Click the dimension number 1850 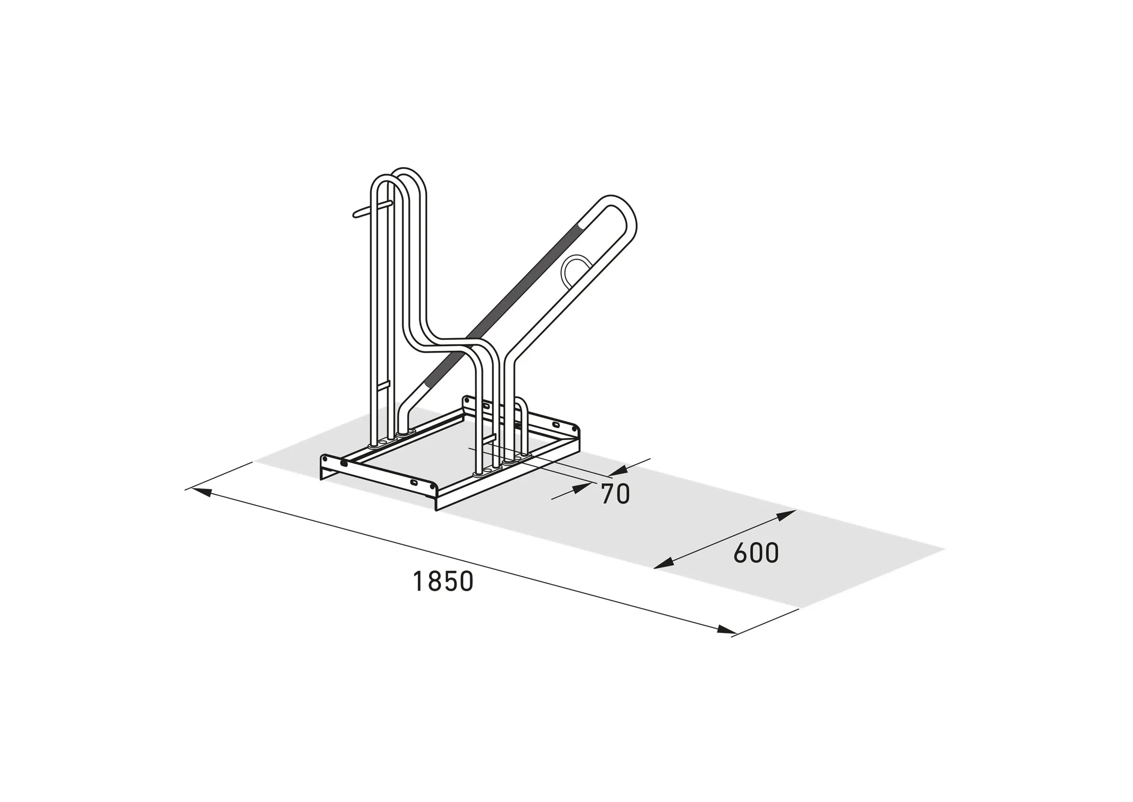tap(442, 581)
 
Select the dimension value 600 tap(756, 553)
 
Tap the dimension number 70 tap(616, 494)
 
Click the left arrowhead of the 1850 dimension tap(201, 492)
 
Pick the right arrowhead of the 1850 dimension tap(727, 630)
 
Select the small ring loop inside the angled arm tap(574, 271)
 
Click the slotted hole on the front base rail tap(414, 481)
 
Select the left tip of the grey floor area tap(255, 462)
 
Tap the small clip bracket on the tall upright tap(385, 384)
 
